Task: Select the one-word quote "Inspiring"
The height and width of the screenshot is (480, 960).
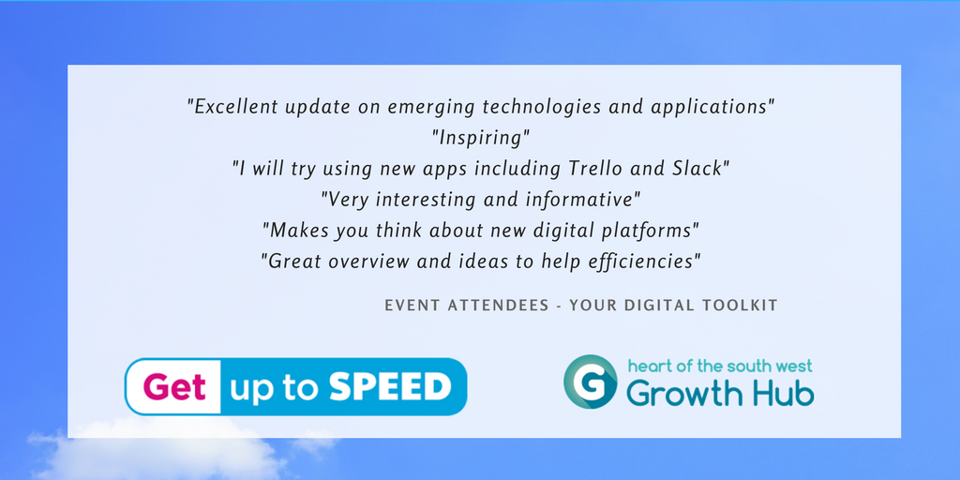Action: pos(481,138)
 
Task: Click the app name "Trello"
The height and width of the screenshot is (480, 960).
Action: pos(598,169)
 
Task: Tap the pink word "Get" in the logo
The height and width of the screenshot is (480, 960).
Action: pos(173,386)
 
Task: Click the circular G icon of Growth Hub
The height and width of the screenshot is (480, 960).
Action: pos(590,382)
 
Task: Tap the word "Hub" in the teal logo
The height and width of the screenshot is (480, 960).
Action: pos(782,393)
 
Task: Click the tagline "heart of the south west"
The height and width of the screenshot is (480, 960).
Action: pos(718,365)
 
